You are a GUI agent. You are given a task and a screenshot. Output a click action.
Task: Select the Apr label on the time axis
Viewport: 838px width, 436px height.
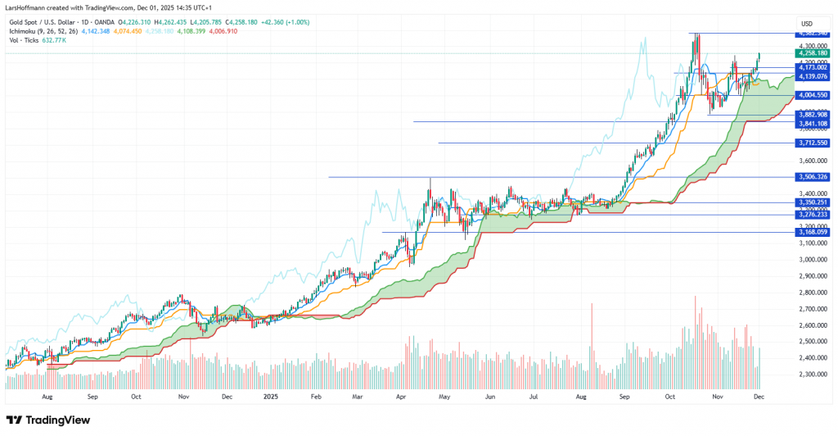401,395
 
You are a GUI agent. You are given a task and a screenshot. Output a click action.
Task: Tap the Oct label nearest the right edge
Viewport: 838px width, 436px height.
669,395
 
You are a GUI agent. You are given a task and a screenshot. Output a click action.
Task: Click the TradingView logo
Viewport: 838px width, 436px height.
52,419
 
